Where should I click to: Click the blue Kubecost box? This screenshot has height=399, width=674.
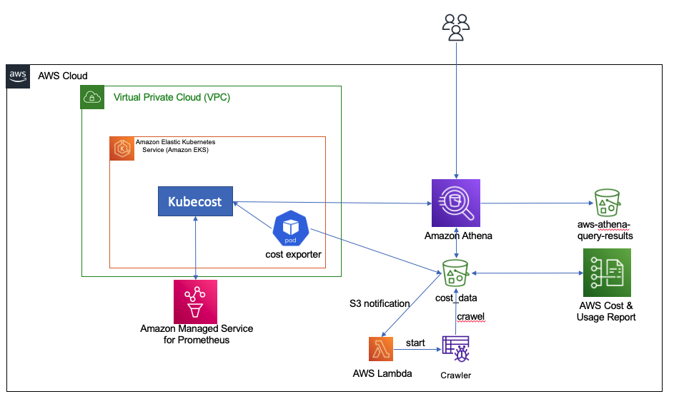194,201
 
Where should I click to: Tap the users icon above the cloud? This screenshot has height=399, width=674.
456,27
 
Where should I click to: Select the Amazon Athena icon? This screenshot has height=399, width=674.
456,202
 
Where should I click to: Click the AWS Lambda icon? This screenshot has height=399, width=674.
385,350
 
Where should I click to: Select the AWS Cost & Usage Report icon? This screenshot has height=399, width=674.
607,273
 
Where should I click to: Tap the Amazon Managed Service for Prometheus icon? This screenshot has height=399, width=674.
196,300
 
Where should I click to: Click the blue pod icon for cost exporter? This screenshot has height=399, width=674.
289,228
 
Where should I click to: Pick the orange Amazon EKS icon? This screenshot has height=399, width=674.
121,148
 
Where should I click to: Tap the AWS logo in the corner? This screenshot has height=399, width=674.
18,75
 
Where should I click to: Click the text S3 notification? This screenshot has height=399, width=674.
380,303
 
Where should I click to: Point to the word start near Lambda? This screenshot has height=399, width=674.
415,343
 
